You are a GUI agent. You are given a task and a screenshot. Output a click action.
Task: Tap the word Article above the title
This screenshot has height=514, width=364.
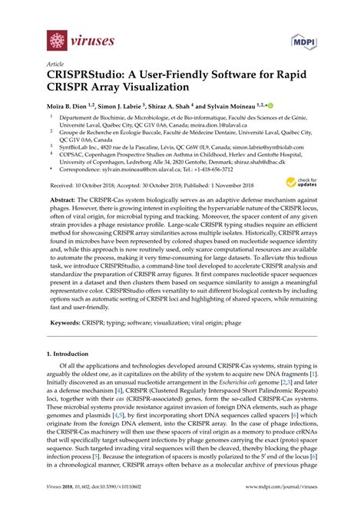55,66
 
